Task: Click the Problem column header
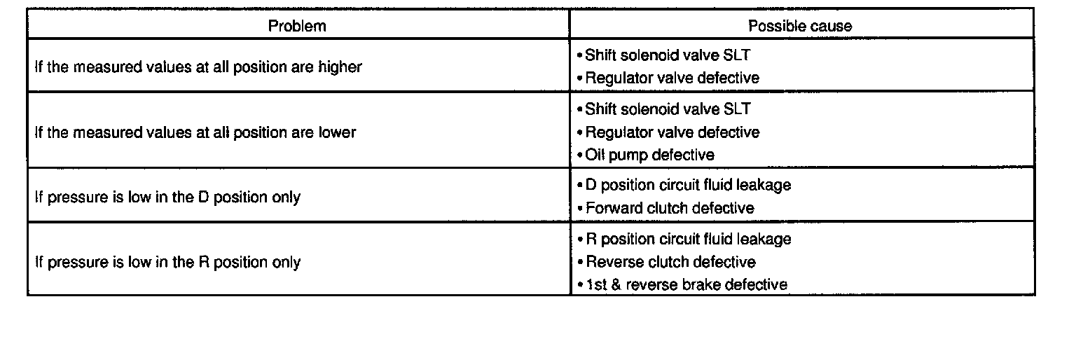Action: [298, 26]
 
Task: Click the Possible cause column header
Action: [800, 26]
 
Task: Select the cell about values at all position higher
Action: [198, 67]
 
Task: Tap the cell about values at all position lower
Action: [195, 132]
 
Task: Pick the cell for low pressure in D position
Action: [167, 197]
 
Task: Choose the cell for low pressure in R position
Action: [167, 262]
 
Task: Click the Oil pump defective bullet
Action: [649, 155]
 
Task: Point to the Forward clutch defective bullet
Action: [669, 208]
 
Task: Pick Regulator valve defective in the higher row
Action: [672, 78]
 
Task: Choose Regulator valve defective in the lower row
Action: [672, 132]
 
